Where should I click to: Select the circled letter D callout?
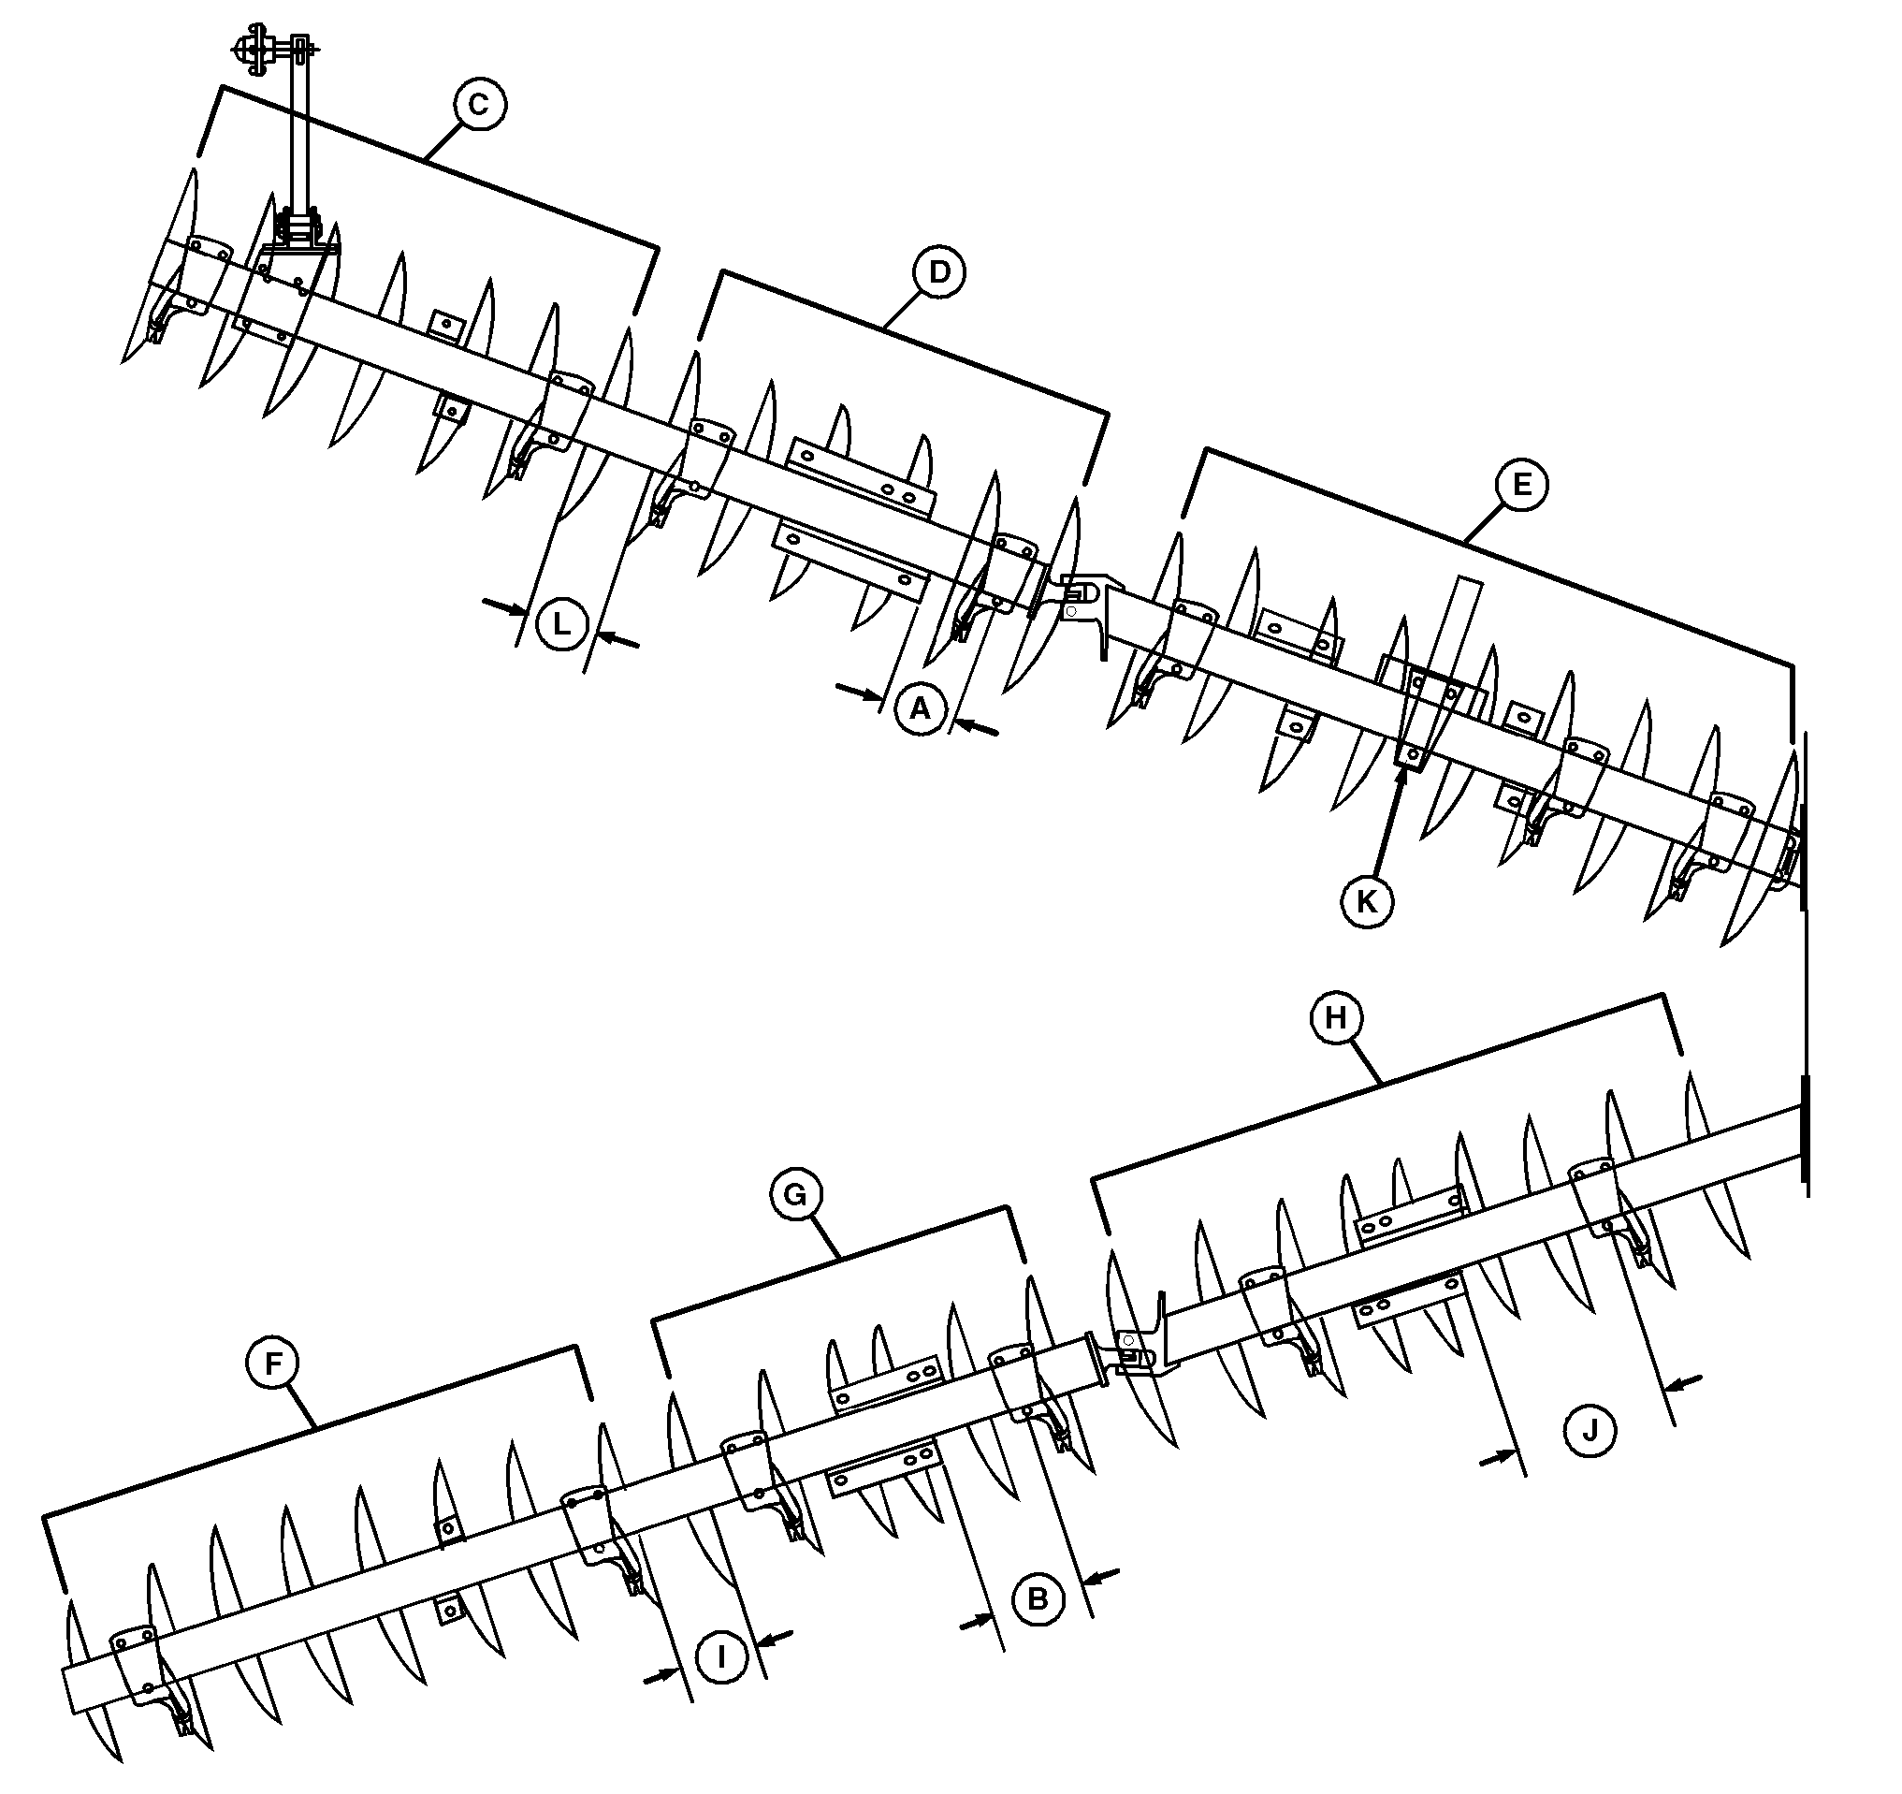(939, 272)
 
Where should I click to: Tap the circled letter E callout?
(1521, 484)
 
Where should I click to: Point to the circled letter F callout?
(273, 1364)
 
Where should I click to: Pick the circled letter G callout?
(796, 1195)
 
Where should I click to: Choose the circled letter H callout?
(1336, 1018)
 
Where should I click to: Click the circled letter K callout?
(1367, 900)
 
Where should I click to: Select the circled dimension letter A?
(921, 709)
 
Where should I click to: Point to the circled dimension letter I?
(721, 1656)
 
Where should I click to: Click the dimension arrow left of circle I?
(661, 1674)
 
